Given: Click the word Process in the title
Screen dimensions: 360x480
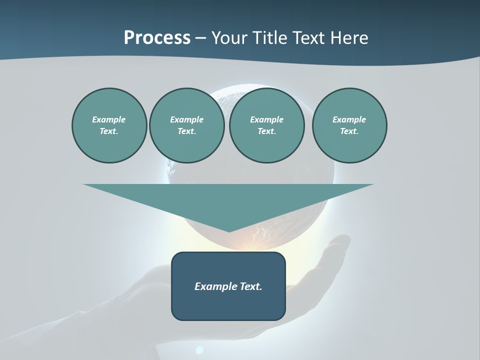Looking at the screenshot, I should pyautogui.click(x=157, y=38).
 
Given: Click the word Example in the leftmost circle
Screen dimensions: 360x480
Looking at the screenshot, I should pyautogui.click(x=109, y=119).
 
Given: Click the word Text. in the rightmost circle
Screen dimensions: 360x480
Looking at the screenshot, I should pyautogui.click(x=349, y=131).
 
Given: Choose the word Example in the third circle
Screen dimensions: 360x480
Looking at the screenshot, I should pyautogui.click(x=266, y=119).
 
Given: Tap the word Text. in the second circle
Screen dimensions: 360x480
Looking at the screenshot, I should pyautogui.click(x=186, y=131).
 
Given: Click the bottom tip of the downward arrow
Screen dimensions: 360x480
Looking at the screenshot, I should pyautogui.click(x=229, y=231).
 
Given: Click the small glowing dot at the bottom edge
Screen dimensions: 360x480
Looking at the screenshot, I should pyautogui.click(x=199, y=349).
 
